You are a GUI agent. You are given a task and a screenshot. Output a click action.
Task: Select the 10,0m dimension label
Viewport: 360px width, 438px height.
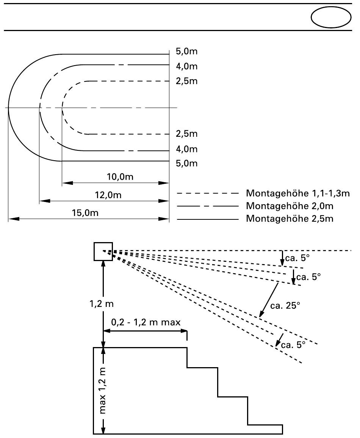pos(120,177)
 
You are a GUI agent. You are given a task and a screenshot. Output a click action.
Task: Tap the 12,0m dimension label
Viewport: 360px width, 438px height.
pos(108,195)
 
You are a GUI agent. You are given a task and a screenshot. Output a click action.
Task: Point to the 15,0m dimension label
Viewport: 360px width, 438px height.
pos(85,213)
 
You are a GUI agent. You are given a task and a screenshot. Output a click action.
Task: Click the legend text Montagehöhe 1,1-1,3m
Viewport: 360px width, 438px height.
pos(298,193)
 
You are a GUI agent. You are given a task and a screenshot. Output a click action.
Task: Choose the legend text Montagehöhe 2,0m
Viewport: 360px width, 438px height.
pos(290,206)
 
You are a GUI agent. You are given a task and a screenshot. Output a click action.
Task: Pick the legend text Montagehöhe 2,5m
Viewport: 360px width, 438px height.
pos(290,219)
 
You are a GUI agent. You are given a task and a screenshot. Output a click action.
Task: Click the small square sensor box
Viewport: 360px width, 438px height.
pos(103,252)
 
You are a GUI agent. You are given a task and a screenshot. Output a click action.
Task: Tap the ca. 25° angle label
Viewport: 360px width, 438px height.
pos(285,306)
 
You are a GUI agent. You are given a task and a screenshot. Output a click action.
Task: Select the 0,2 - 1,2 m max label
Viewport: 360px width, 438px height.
pos(146,322)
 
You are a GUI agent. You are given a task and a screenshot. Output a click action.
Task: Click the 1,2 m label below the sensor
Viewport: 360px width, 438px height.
pos(102,303)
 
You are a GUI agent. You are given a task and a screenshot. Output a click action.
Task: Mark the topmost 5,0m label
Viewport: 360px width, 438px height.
pos(186,51)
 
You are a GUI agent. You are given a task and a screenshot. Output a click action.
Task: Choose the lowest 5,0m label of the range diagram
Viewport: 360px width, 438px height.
pos(186,163)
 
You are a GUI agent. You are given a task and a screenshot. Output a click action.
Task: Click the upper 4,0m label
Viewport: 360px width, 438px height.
pos(186,66)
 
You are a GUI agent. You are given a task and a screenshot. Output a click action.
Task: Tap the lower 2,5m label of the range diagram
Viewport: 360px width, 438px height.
pos(186,133)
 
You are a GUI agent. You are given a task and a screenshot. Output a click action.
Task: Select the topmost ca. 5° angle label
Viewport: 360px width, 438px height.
pos(297,258)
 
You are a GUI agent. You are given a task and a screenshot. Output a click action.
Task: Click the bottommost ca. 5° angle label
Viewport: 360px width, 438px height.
pos(293,345)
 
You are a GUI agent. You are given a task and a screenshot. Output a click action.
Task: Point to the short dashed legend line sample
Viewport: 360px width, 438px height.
pos(208,193)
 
